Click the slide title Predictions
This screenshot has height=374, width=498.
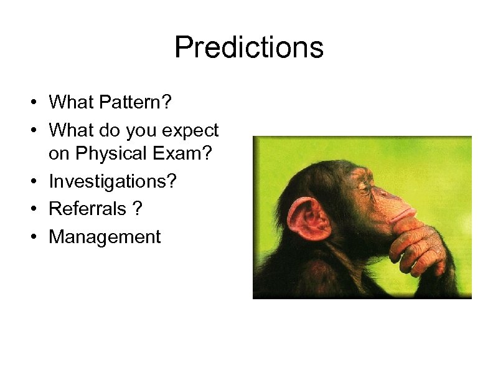pos(249,47)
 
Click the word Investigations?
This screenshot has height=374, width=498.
pos(113,181)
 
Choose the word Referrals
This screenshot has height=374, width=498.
pos(87,208)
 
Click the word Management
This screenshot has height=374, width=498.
pos(105,237)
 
